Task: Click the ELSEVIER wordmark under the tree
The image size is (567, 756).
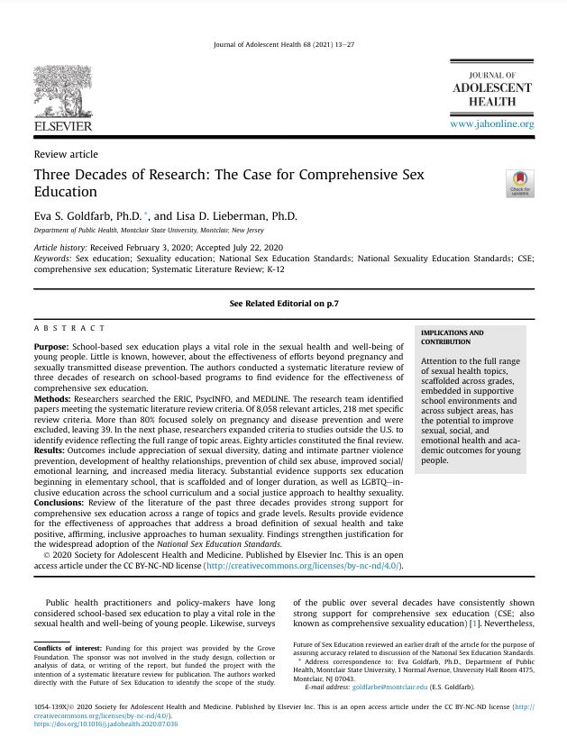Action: click(x=63, y=125)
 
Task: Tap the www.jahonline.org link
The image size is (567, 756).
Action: click(x=491, y=123)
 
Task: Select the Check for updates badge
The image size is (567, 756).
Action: click(x=519, y=183)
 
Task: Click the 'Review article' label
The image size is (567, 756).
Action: click(x=66, y=154)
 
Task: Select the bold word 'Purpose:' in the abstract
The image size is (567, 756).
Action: click(x=50, y=347)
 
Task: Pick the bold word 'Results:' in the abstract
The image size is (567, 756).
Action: click(x=50, y=449)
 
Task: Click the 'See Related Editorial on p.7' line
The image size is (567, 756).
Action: click(x=283, y=305)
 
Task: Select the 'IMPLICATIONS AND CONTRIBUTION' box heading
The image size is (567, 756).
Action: click(x=453, y=337)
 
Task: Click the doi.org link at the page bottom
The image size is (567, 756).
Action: click(x=105, y=723)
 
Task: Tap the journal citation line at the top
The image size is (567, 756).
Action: click(x=283, y=43)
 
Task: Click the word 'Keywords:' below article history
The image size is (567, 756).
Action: click(x=52, y=258)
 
